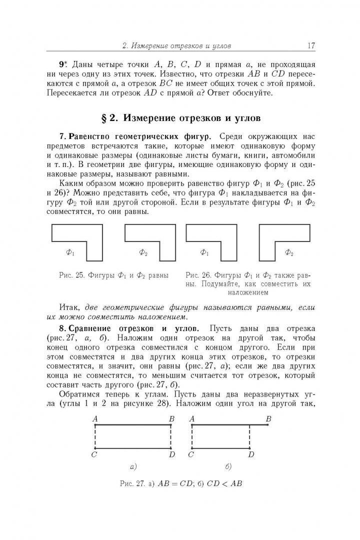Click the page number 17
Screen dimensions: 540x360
[x=311, y=46]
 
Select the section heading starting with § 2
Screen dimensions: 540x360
[x=180, y=118]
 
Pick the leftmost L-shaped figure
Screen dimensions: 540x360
[x=77, y=242]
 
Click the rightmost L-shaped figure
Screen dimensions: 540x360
[x=284, y=242]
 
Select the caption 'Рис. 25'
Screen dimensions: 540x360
[x=73, y=275]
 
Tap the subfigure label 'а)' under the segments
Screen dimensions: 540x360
[x=133, y=467]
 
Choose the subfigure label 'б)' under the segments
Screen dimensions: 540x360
[x=228, y=467]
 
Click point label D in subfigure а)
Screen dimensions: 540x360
[x=171, y=454]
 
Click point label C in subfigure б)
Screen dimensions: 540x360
[x=191, y=454]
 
